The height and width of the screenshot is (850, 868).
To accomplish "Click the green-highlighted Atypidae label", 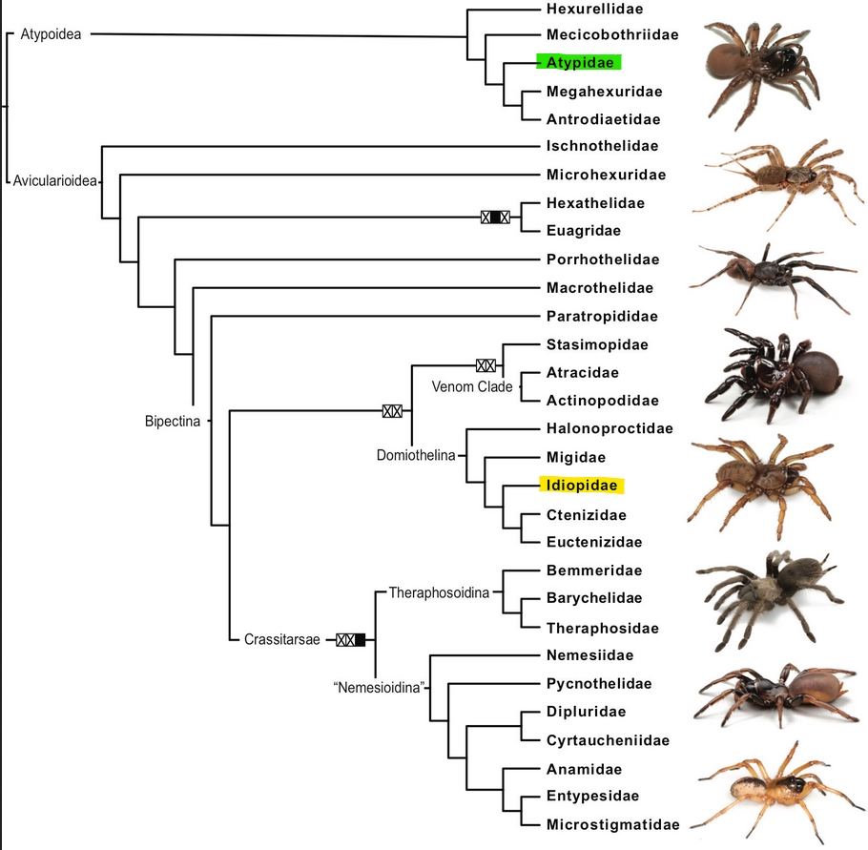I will (579, 62).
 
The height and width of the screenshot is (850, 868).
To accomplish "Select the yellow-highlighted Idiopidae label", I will (581, 486).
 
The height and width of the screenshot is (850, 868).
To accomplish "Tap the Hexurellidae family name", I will (594, 9).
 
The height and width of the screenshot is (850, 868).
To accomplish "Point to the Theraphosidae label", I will (602, 628).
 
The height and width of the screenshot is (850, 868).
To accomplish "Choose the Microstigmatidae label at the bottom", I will (612, 824).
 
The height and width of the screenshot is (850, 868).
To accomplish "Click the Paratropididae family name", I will (602, 316).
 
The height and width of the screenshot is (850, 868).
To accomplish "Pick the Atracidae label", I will (583, 372).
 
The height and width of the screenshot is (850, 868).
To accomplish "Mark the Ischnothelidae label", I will (603, 146).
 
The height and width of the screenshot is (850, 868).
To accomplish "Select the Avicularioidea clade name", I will (55, 180).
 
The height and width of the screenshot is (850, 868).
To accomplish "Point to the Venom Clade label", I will (472, 386).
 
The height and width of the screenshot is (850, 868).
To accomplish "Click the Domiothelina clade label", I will (416, 455).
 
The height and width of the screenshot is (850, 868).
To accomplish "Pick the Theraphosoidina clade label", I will (438, 592).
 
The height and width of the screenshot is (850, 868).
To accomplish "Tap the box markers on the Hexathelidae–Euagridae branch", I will (495, 217).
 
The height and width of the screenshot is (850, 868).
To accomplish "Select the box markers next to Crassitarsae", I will (351, 639).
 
